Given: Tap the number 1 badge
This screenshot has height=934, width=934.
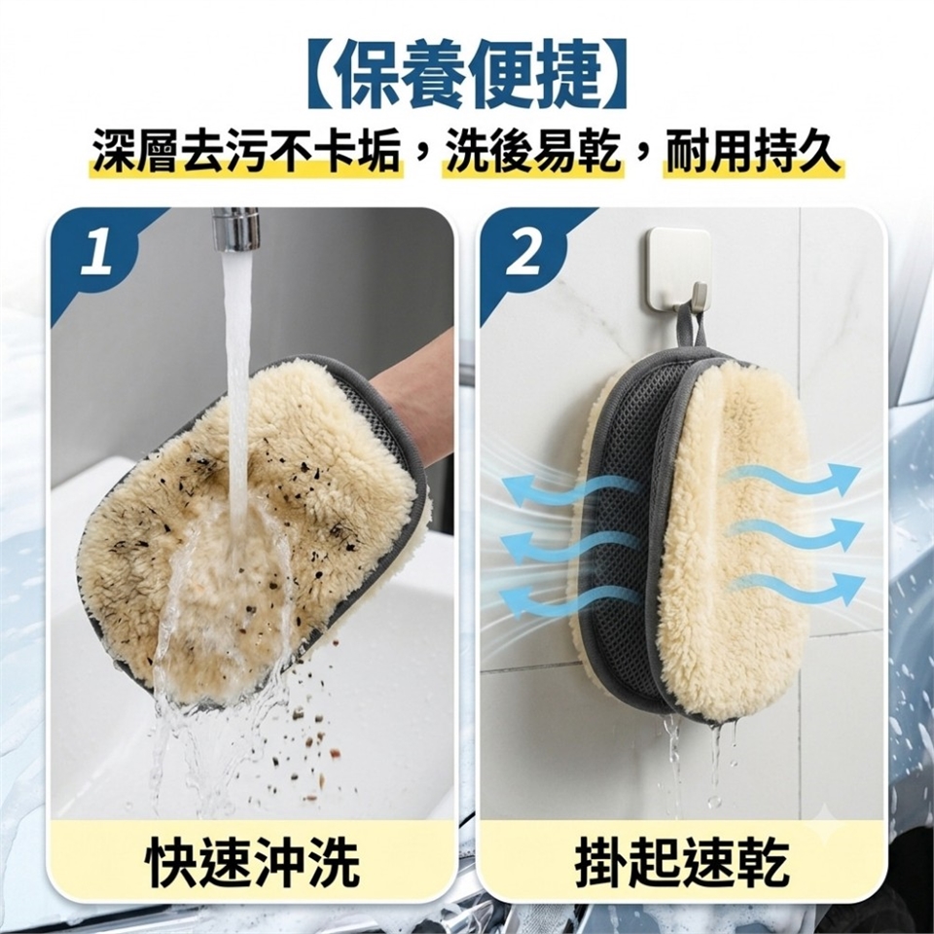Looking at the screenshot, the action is [97, 252].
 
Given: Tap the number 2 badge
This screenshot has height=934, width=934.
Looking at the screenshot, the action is [524, 252].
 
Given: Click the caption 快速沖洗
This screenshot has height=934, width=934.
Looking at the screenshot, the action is [253, 863].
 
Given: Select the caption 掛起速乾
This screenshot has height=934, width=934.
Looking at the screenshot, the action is [683, 863].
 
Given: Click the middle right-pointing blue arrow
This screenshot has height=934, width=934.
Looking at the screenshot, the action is [794, 533].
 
